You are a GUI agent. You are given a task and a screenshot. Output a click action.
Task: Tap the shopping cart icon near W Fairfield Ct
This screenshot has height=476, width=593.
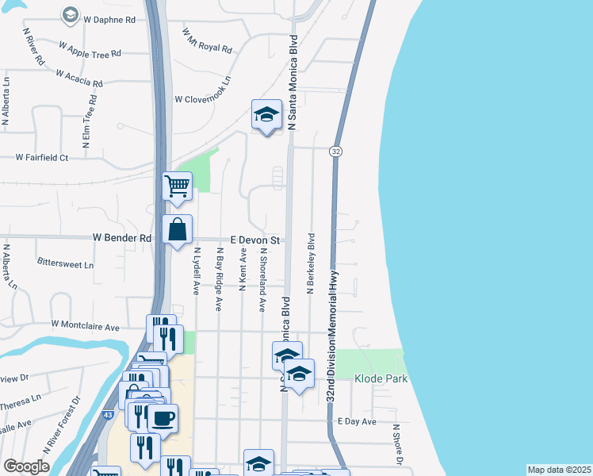coord(177,187)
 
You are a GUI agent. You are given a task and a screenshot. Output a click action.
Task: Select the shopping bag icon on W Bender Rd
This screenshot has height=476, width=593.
coord(177,229)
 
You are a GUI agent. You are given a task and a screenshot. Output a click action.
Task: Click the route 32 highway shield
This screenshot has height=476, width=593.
coord(337,151)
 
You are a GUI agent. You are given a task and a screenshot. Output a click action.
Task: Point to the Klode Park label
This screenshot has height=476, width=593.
coord(381,379)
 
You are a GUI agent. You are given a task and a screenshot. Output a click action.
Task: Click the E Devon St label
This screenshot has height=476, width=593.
coord(256,239)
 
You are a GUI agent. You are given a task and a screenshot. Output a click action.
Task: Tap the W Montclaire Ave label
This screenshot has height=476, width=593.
coord(85,325)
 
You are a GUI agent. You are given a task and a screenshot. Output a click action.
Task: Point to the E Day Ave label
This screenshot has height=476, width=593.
coord(357,422)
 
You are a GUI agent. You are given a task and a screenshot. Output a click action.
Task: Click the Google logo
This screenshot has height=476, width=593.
coord(26,466)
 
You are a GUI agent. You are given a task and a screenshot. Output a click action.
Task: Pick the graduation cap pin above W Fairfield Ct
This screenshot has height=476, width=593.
coord(266,116)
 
